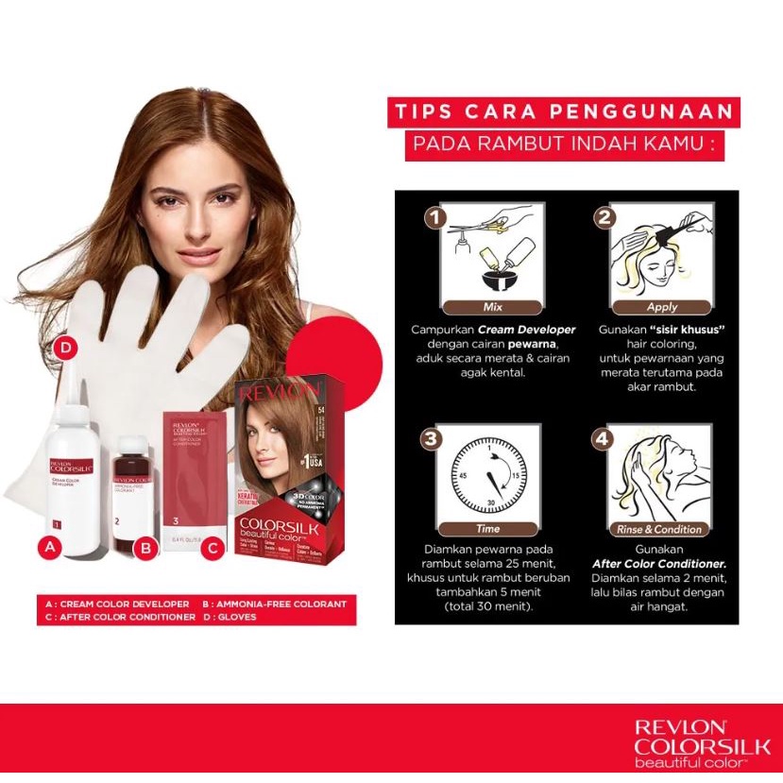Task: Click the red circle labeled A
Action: (52, 546)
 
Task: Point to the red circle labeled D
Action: (65, 347)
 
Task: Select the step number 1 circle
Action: (434, 219)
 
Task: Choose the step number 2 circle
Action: (604, 219)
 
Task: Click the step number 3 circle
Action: (434, 439)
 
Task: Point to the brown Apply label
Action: (662, 307)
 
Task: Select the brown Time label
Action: (488, 529)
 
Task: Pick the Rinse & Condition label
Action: (659, 529)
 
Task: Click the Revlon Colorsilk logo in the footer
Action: (702, 742)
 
